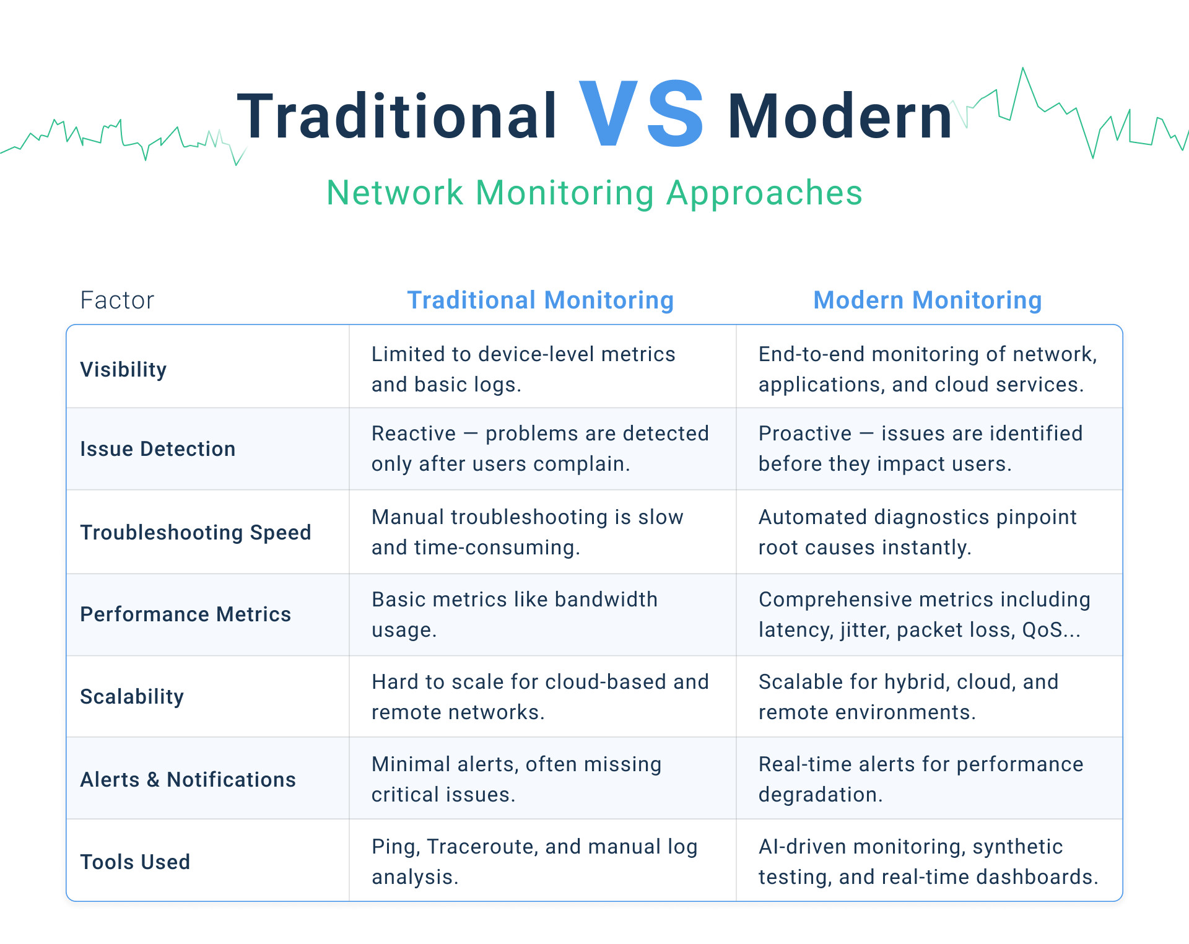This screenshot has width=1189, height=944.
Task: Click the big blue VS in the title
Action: [x=641, y=115]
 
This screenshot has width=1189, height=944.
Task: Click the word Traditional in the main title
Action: [x=397, y=116]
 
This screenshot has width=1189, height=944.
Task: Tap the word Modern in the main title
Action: [x=839, y=116]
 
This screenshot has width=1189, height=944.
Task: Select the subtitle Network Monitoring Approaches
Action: [x=594, y=193]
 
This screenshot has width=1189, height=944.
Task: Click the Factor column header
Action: [x=117, y=300]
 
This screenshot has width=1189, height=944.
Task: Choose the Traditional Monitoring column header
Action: [x=540, y=300]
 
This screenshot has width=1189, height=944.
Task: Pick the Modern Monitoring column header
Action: [x=927, y=300]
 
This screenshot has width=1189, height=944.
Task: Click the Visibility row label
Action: [x=123, y=370]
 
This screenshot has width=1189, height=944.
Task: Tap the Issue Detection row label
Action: [x=157, y=449]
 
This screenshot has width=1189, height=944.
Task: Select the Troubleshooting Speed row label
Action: [x=195, y=533]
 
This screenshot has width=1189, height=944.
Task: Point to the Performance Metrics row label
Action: [x=185, y=614]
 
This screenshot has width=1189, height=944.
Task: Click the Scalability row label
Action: [x=132, y=697]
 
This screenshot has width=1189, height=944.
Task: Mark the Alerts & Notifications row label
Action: [x=188, y=780]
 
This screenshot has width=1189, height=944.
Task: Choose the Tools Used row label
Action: [x=135, y=862]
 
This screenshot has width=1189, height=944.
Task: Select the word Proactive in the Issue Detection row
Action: [x=805, y=434]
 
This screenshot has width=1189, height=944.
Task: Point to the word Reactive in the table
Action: [x=413, y=434]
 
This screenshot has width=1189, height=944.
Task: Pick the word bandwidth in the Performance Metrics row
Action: [x=606, y=600]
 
